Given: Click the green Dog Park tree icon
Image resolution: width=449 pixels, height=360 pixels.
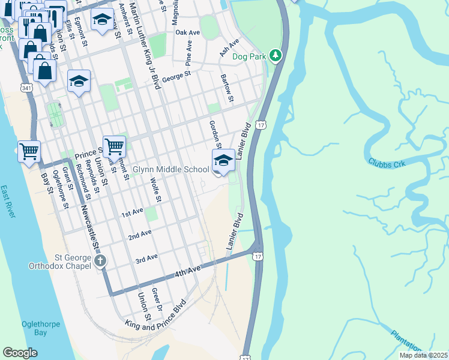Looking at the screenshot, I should click(276, 56).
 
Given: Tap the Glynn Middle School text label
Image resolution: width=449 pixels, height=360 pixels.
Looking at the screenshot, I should click(171, 170).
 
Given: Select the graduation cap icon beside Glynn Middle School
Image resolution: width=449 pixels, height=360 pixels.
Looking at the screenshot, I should click(223, 161).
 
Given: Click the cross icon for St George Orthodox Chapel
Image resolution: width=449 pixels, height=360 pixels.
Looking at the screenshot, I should click(100, 261).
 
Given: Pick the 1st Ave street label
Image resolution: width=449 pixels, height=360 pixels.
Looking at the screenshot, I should click(133, 213).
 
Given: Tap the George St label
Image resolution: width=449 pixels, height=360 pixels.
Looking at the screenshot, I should click(176, 76).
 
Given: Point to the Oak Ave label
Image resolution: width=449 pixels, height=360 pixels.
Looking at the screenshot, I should click(187, 32).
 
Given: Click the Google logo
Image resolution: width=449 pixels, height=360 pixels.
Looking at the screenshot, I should click(20, 353).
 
